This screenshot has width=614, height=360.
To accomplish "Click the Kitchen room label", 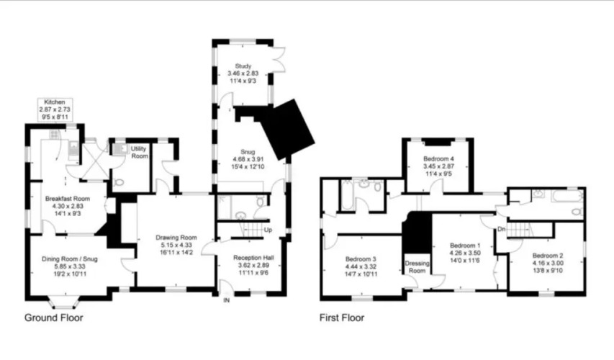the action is (x=55, y=102).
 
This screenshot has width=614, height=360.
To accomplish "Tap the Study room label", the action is (x=243, y=66).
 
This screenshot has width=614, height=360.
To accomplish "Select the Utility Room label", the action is (x=140, y=153).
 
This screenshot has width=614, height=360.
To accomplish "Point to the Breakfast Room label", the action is (x=68, y=199).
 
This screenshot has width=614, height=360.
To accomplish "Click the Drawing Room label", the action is (x=176, y=238).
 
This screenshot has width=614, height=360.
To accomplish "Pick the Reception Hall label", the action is (x=253, y=258).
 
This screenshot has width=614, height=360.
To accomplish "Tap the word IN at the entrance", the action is (x=226, y=300).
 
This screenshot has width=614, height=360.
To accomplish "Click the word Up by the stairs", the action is (x=268, y=230).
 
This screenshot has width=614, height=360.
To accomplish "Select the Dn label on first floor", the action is (x=502, y=229).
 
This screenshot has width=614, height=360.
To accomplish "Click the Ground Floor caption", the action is (x=54, y=318).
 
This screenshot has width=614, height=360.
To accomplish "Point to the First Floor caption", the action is (x=342, y=318).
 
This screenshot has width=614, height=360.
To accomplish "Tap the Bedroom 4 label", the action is (x=438, y=159).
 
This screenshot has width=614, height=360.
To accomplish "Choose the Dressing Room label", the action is (x=417, y=267).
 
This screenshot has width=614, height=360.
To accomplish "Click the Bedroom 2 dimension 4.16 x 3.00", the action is (x=548, y=263).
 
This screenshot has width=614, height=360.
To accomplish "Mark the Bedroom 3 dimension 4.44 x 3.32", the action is (x=361, y=267).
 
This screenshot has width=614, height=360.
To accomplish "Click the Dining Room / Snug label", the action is (x=70, y=259).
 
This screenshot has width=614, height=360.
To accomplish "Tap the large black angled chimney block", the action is (x=288, y=130).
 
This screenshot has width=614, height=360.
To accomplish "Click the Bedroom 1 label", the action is (x=465, y=246).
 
